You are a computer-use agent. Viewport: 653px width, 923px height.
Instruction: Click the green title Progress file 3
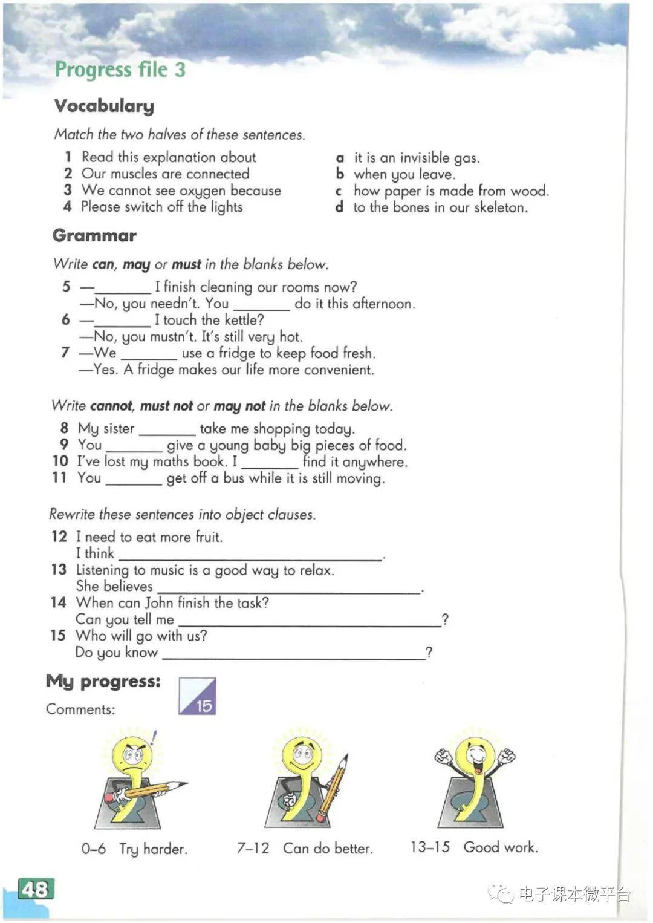(x=120, y=70)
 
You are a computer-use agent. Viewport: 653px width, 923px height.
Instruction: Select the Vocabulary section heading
(x=104, y=106)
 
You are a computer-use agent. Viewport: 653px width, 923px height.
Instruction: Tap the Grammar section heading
(x=95, y=235)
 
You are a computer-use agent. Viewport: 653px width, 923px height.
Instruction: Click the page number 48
(x=36, y=889)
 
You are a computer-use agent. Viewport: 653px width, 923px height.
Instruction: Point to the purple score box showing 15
(x=197, y=696)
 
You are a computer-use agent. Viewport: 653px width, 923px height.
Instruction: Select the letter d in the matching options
(x=340, y=207)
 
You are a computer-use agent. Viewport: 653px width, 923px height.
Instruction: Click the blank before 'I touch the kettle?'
(x=123, y=321)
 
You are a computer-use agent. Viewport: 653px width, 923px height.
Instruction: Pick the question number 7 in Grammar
(x=65, y=352)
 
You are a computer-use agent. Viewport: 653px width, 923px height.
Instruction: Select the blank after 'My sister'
(x=167, y=430)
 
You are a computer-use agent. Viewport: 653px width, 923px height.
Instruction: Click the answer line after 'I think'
(x=250, y=555)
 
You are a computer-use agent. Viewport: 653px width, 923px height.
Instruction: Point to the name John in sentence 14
(x=160, y=602)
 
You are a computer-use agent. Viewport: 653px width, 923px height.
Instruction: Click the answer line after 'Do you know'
(x=294, y=654)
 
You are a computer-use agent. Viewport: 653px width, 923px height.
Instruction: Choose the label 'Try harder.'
(x=154, y=849)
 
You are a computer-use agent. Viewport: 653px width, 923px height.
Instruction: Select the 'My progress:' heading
(x=103, y=681)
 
